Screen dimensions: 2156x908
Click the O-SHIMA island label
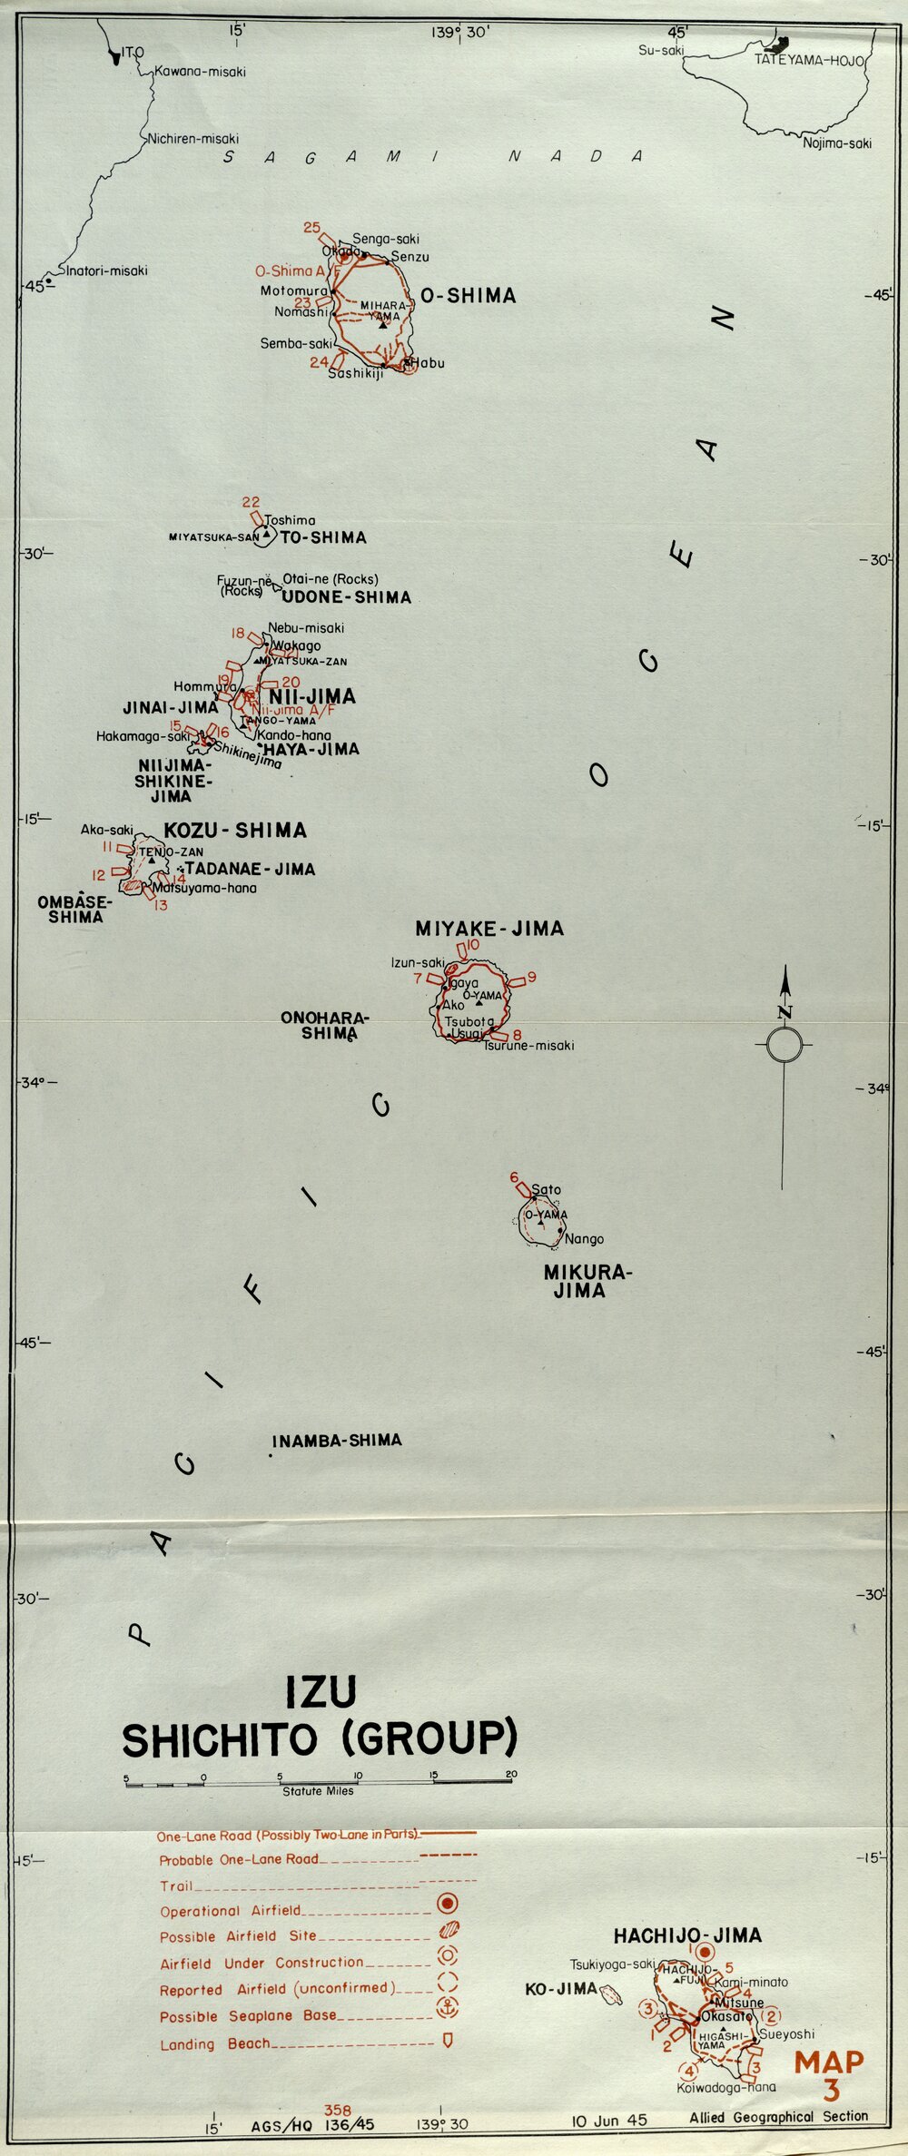(468, 296)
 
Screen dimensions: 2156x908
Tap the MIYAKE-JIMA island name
(489, 929)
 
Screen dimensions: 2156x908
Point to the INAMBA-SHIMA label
(337, 1441)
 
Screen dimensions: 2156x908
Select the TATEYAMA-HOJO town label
(809, 61)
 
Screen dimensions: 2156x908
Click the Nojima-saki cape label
(836, 143)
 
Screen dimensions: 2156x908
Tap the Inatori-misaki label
(105, 271)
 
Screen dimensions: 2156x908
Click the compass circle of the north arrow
(784, 1045)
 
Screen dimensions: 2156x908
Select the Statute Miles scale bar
(318, 1783)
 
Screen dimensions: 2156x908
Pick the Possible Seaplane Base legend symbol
(448, 2007)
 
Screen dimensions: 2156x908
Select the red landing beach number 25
(312, 227)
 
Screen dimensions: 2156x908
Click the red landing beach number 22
(251, 502)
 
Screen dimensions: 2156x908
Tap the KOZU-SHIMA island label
(235, 830)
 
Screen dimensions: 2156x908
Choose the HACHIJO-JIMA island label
(687, 1936)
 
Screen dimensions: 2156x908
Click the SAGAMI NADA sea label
(433, 156)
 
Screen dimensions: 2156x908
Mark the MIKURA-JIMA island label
(587, 1281)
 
